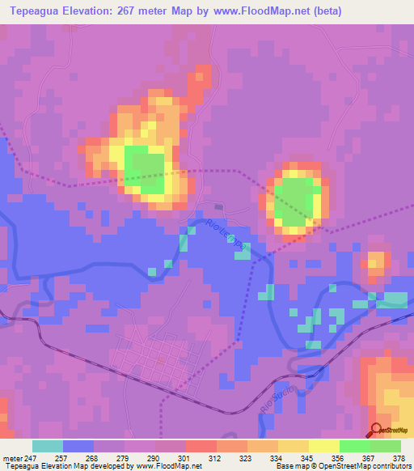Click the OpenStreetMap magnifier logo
point(377,430)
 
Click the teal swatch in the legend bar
point(48,446)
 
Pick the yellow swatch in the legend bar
point(324,446)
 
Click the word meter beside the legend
point(13,457)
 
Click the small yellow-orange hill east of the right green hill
point(376,261)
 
